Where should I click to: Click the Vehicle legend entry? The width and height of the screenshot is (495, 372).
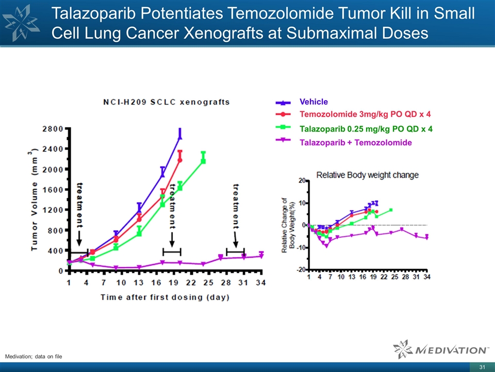click(x=313, y=102)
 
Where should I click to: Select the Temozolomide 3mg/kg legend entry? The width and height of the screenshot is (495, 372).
click(x=365, y=114)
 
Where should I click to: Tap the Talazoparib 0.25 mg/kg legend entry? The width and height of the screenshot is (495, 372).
click(x=366, y=129)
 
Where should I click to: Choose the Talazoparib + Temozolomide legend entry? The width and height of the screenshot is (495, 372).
click(x=355, y=143)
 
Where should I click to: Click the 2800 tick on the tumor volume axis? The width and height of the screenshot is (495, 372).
click(x=54, y=128)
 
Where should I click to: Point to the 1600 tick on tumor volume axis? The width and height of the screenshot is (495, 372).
click(x=54, y=190)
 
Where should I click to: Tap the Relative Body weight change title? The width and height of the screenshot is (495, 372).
click(x=367, y=175)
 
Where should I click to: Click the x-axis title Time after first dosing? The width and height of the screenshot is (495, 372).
click(x=165, y=297)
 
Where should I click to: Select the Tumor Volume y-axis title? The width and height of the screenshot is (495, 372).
click(x=35, y=200)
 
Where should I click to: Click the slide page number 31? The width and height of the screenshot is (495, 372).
click(x=483, y=367)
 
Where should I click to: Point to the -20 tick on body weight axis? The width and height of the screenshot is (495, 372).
click(x=299, y=270)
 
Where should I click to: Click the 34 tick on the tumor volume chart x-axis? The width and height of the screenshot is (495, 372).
click(x=261, y=283)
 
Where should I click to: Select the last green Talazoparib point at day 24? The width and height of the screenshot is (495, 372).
click(x=203, y=161)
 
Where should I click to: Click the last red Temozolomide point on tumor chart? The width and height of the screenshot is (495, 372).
click(x=180, y=160)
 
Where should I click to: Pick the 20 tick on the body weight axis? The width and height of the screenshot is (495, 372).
click(x=301, y=180)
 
